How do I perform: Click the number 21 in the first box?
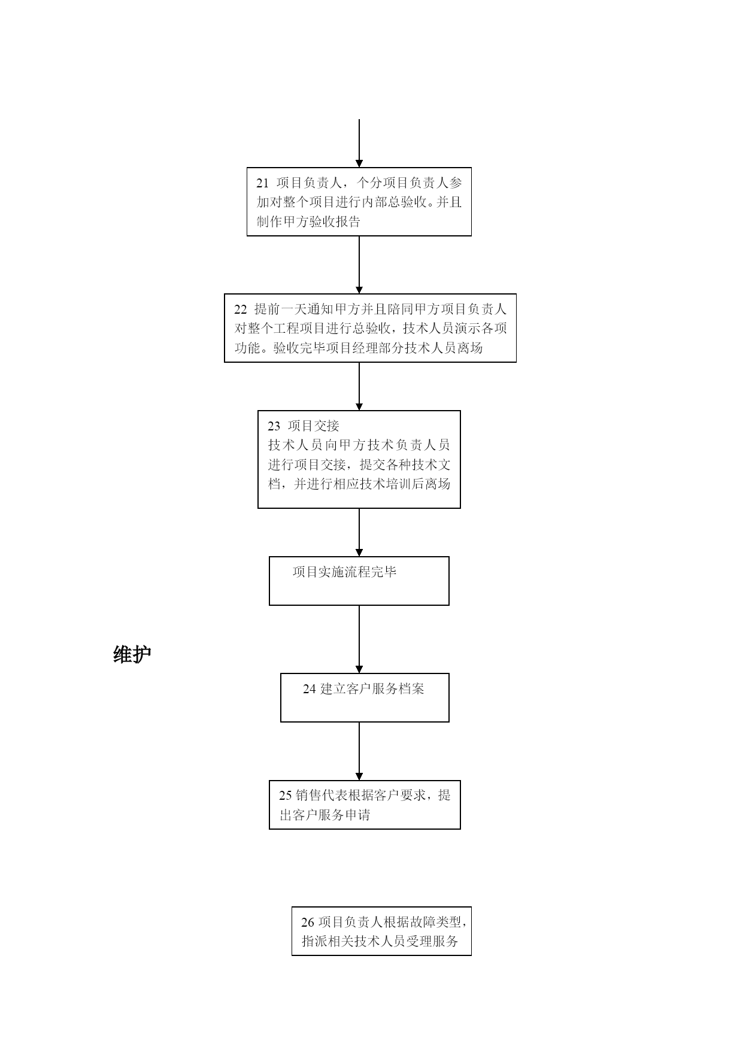[x=262, y=183]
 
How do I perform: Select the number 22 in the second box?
[x=240, y=309]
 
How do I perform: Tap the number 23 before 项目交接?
[x=274, y=426]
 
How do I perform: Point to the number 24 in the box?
[x=309, y=689]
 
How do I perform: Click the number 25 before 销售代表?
[x=286, y=796]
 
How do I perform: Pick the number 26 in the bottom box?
[x=308, y=922]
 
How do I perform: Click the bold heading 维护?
[x=132, y=654]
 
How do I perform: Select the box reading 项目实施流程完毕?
[x=359, y=581]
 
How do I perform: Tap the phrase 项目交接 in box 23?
[x=314, y=426]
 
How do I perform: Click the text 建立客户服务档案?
[x=372, y=689]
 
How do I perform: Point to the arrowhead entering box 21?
[x=359, y=163]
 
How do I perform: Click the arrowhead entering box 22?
[x=359, y=290]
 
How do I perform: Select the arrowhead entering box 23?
[x=359, y=406]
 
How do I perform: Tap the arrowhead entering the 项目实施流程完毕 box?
[x=359, y=553]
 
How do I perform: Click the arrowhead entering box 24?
[x=359, y=669]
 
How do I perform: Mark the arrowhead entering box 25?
[x=359, y=776]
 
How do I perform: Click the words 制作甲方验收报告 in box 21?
[x=308, y=222]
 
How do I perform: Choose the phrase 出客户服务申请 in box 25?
[x=325, y=815]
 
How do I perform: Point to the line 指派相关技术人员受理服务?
[x=380, y=942]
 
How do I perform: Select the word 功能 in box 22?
[x=247, y=348]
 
